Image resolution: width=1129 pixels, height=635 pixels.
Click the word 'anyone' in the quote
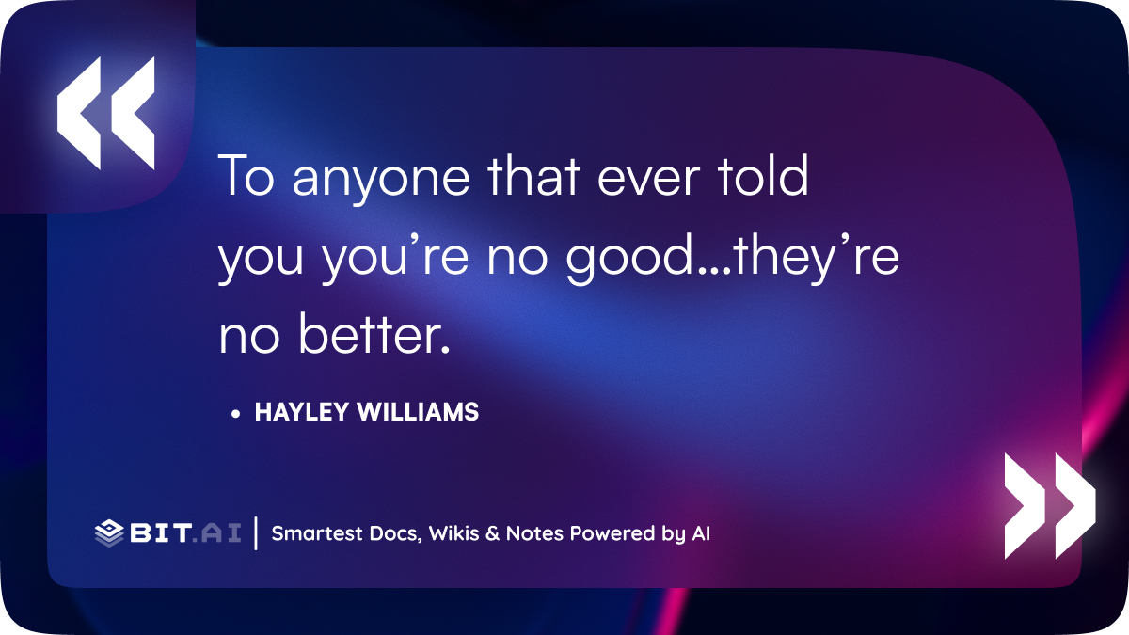click(x=380, y=178)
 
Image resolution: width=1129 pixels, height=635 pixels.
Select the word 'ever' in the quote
click(x=648, y=178)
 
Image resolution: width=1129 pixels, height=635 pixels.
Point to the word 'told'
click(x=763, y=175)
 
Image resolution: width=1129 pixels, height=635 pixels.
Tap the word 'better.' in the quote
click(x=374, y=334)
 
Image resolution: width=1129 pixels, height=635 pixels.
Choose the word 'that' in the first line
click(x=533, y=175)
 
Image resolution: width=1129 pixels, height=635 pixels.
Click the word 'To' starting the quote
click(x=246, y=175)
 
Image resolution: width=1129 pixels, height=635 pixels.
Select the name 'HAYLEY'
click(x=302, y=412)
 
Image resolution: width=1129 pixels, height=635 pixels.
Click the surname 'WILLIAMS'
click(x=418, y=412)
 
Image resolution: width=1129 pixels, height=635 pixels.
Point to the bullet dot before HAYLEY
click(x=235, y=414)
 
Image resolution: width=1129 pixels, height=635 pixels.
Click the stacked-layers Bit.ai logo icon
click(x=109, y=533)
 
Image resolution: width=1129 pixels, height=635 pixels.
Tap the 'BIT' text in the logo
click(x=161, y=533)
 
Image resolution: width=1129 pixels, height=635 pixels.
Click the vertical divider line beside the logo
click(x=256, y=533)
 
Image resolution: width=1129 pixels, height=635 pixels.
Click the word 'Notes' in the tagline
click(x=534, y=533)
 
